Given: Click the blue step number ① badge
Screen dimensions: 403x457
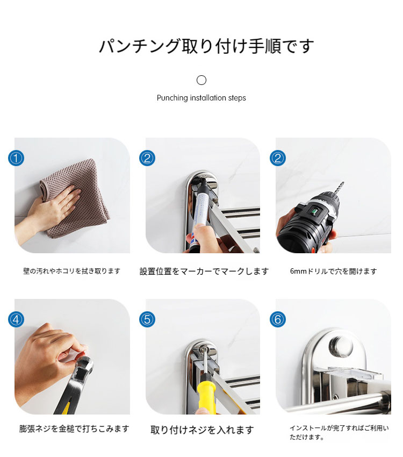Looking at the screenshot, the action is pyautogui.click(x=16, y=158).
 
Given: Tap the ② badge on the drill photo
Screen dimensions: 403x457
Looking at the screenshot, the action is pyautogui.click(x=277, y=158).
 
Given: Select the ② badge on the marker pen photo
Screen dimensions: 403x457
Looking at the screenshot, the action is pyautogui.click(x=147, y=158).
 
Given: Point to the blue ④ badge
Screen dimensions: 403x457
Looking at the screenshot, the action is pyautogui.click(x=16, y=319).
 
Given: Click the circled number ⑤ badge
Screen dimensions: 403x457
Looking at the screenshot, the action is pyautogui.click(x=147, y=319).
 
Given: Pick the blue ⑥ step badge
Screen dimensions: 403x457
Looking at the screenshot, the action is pyautogui.click(x=277, y=319).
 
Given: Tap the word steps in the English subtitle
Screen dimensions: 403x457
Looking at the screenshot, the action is pyautogui.click(x=237, y=98).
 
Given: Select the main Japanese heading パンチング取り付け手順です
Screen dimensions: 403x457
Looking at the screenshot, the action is pyautogui.click(x=206, y=46).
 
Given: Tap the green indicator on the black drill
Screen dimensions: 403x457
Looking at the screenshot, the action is pyautogui.click(x=314, y=209).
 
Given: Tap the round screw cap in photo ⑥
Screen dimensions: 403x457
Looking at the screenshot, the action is pyautogui.click(x=341, y=347).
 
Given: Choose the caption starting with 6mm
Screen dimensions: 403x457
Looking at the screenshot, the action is pyautogui.click(x=333, y=272).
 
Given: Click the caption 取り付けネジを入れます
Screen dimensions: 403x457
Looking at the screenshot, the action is pyautogui.click(x=202, y=430).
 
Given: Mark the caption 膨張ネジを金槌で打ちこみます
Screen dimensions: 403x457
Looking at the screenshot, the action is pyautogui.click(x=74, y=429).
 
